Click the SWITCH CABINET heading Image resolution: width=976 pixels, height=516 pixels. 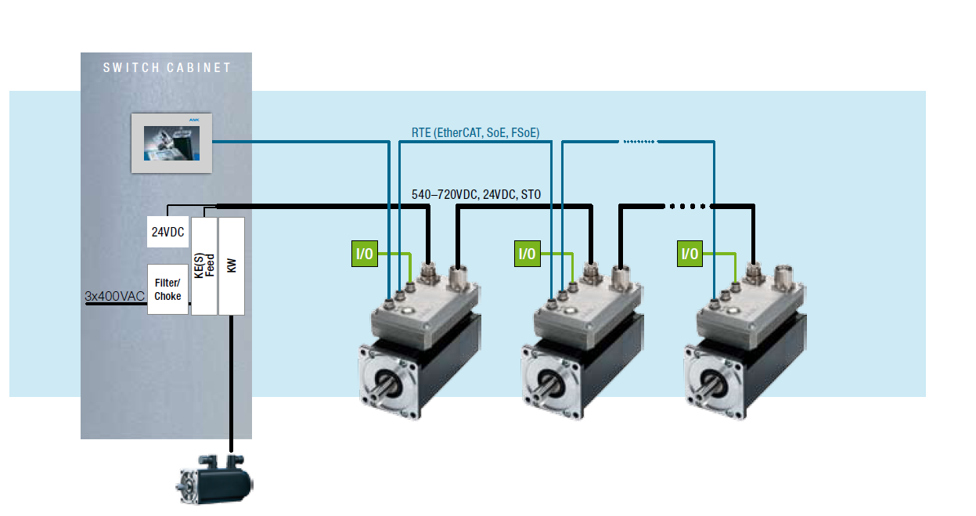click(167, 68)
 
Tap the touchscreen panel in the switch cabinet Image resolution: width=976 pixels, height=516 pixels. click(171, 143)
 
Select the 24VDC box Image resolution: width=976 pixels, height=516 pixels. click(167, 232)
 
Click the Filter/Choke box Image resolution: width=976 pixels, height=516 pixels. click(167, 290)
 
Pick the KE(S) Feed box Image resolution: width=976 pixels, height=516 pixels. click(203, 266)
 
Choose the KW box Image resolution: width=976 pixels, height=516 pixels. click(232, 266)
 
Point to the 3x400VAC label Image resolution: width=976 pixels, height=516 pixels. click(114, 297)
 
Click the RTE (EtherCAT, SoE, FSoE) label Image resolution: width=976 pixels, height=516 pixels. click(475, 132)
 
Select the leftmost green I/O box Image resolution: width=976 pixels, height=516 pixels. click(365, 253)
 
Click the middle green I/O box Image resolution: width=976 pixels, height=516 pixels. click(528, 253)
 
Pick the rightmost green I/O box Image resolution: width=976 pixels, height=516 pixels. click(690, 253)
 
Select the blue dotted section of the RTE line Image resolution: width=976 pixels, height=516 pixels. click(639, 142)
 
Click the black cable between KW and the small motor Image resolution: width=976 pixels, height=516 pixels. click(232, 384)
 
